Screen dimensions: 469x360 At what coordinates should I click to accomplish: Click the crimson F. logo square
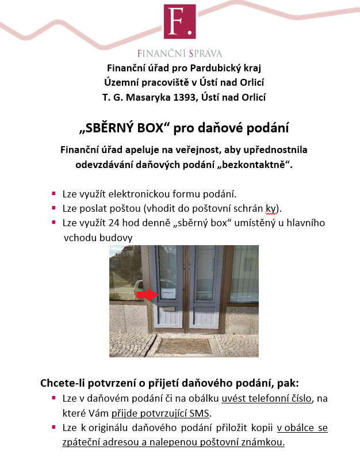click(179, 22)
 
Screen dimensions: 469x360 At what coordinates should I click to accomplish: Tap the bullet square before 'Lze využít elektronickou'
click(53, 193)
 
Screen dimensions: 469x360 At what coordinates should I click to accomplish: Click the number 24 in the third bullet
click(121, 222)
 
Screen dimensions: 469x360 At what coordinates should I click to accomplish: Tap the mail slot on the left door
click(168, 310)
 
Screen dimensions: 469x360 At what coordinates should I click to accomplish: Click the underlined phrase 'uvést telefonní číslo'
click(266, 398)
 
